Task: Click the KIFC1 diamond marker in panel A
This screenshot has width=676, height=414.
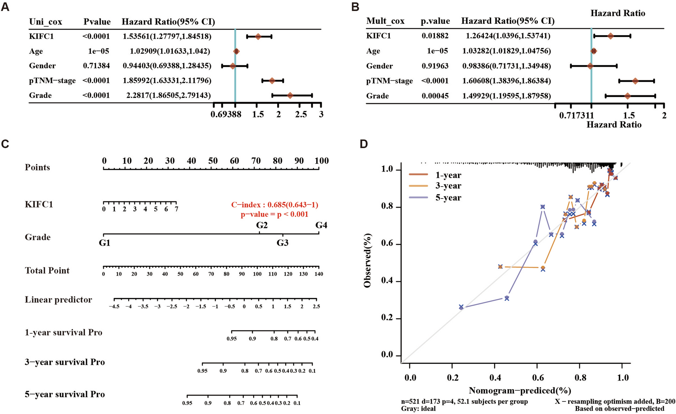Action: pos(258,36)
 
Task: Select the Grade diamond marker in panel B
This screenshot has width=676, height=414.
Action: pos(627,96)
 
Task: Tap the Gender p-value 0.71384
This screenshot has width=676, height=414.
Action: pos(96,66)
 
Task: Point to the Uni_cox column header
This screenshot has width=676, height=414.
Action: pos(46,22)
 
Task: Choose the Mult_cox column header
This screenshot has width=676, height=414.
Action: pos(385,21)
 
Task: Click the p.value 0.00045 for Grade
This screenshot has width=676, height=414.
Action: pos(435,96)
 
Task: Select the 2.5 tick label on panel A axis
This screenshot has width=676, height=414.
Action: pos(301,115)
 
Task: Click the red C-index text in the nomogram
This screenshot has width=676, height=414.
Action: pos(274,205)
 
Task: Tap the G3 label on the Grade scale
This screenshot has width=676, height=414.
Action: pos(282,243)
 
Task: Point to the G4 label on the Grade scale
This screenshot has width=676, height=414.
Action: pos(321,225)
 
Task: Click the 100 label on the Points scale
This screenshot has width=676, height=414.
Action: pos(321,161)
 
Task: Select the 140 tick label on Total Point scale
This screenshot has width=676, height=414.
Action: pos(319,274)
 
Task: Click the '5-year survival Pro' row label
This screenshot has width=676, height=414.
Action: pos(65,395)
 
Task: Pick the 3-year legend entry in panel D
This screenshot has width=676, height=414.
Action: pos(448,186)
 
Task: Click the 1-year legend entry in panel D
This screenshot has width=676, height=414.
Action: pos(448,175)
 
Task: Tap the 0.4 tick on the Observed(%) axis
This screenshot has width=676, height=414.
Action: pos(387,281)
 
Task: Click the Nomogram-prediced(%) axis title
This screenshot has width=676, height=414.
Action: pos(520,390)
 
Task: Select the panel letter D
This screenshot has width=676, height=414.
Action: pos(364,144)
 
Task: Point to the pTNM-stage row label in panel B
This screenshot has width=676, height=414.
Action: pos(389,81)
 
